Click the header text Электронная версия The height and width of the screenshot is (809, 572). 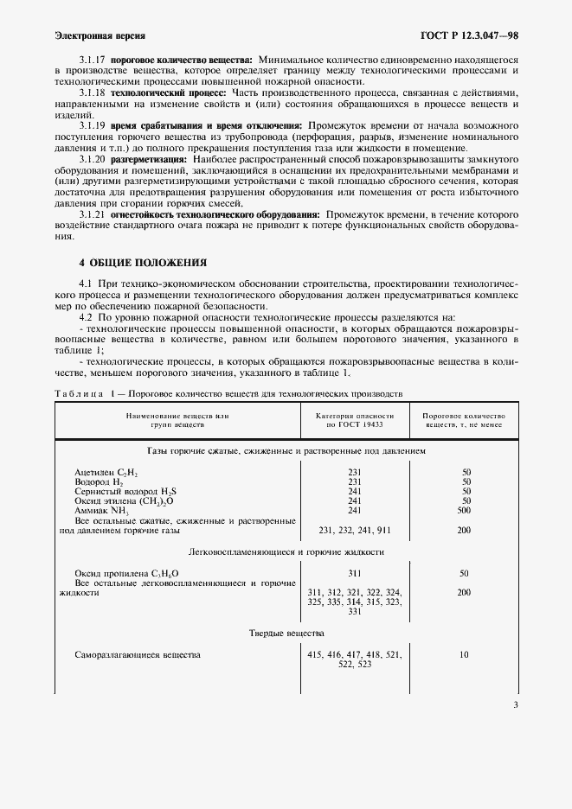(x=100, y=36)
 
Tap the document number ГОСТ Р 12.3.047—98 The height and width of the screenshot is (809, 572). (x=469, y=36)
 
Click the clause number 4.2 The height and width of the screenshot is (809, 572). (x=86, y=317)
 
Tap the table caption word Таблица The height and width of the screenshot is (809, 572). (x=77, y=393)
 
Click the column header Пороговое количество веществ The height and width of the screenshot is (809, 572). (x=464, y=421)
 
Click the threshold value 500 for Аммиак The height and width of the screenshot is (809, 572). (x=466, y=510)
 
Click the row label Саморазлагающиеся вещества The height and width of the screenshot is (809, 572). (x=138, y=655)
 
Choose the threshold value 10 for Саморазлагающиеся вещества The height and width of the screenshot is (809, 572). (x=465, y=655)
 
